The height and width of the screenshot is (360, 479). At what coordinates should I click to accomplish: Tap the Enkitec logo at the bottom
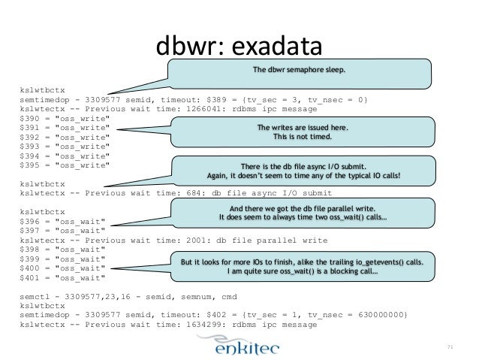(240, 343)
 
